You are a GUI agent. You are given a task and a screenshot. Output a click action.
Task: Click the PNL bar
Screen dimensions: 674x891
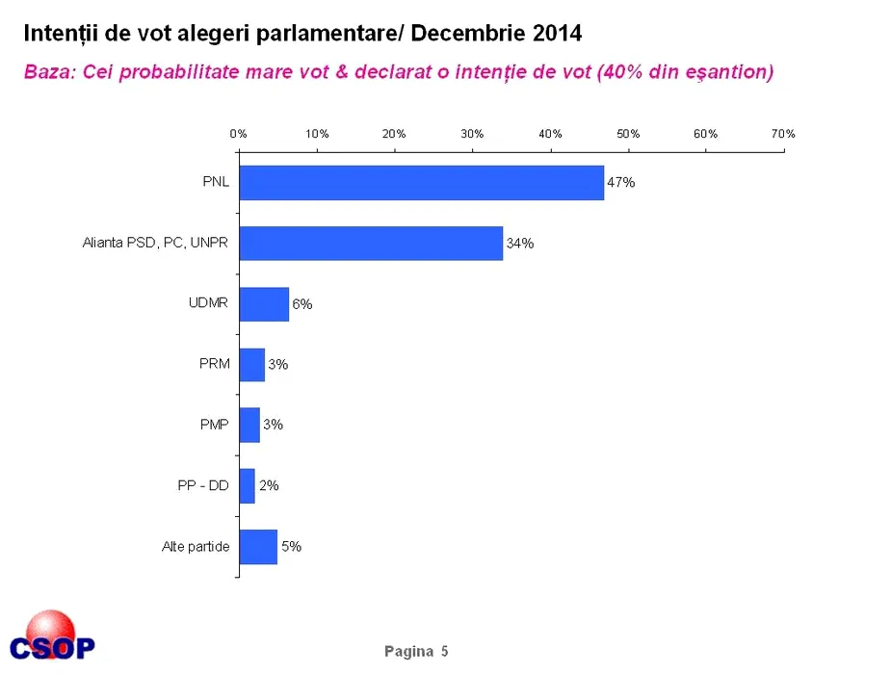click(x=421, y=183)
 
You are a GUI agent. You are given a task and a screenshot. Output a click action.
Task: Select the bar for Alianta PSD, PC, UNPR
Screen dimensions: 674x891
click(x=371, y=244)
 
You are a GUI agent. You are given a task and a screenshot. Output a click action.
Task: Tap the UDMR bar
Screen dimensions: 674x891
click(x=264, y=304)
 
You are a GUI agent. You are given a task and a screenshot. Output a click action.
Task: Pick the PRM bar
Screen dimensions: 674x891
click(x=252, y=365)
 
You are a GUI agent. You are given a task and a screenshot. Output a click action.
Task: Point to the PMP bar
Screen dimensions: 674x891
click(x=249, y=425)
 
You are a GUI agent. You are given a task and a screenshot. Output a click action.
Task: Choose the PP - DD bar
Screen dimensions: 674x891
click(x=247, y=485)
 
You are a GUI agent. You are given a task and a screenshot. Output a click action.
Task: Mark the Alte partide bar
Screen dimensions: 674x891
click(x=258, y=546)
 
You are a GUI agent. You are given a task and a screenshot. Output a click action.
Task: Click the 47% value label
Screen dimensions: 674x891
click(x=620, y=183)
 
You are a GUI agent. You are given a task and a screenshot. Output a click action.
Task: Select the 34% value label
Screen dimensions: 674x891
click(x=520, y=244)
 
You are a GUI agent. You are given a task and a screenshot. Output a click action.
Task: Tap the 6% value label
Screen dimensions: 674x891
click(x=302, y=304)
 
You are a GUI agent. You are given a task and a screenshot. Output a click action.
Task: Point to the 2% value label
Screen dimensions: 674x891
click(x=269, y=485)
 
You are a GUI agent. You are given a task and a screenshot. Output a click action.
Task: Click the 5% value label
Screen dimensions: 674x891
click(x=291, y=546)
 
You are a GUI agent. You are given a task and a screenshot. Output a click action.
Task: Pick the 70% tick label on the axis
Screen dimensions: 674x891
click(x=783, y=134)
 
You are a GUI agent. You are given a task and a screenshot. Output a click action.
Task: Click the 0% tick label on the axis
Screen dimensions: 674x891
click(x=239, y=134)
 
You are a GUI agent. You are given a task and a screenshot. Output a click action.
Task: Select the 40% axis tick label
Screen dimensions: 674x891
click(x=550, y=134)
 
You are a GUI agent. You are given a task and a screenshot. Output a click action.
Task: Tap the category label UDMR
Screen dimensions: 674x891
click(x=209, y=304)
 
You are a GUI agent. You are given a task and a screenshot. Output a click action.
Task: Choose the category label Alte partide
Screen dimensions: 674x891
click(x=196, y=547)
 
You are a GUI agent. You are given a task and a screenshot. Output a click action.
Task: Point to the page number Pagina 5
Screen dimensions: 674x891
click(x=416, y=652)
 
